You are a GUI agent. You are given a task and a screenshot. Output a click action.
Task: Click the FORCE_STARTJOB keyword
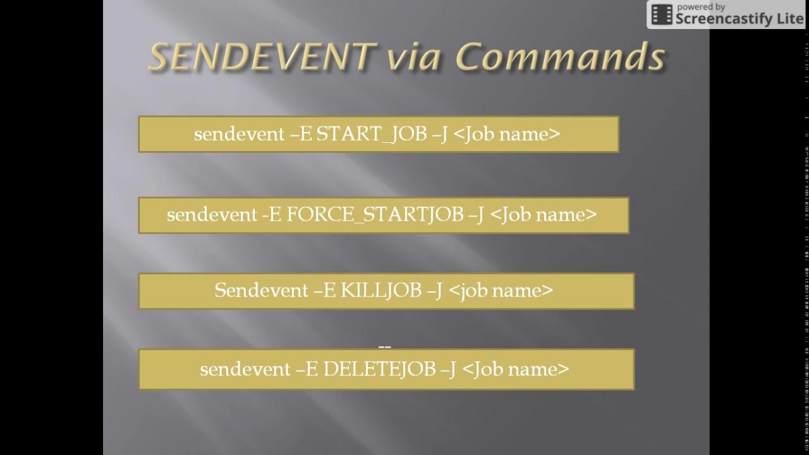375,215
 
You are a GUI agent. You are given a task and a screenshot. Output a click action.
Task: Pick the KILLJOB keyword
381,291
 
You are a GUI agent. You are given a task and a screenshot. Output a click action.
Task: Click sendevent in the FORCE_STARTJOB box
212,215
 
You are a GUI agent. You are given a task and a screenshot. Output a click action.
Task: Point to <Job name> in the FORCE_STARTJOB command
543,215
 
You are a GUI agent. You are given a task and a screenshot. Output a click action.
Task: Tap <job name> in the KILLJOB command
501,291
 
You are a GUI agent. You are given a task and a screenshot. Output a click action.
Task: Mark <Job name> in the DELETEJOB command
516,370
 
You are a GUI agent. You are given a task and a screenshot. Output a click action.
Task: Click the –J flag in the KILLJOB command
434,291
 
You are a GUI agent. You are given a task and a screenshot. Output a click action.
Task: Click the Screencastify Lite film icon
662,15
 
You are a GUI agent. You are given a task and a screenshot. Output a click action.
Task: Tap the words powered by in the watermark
701,7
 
